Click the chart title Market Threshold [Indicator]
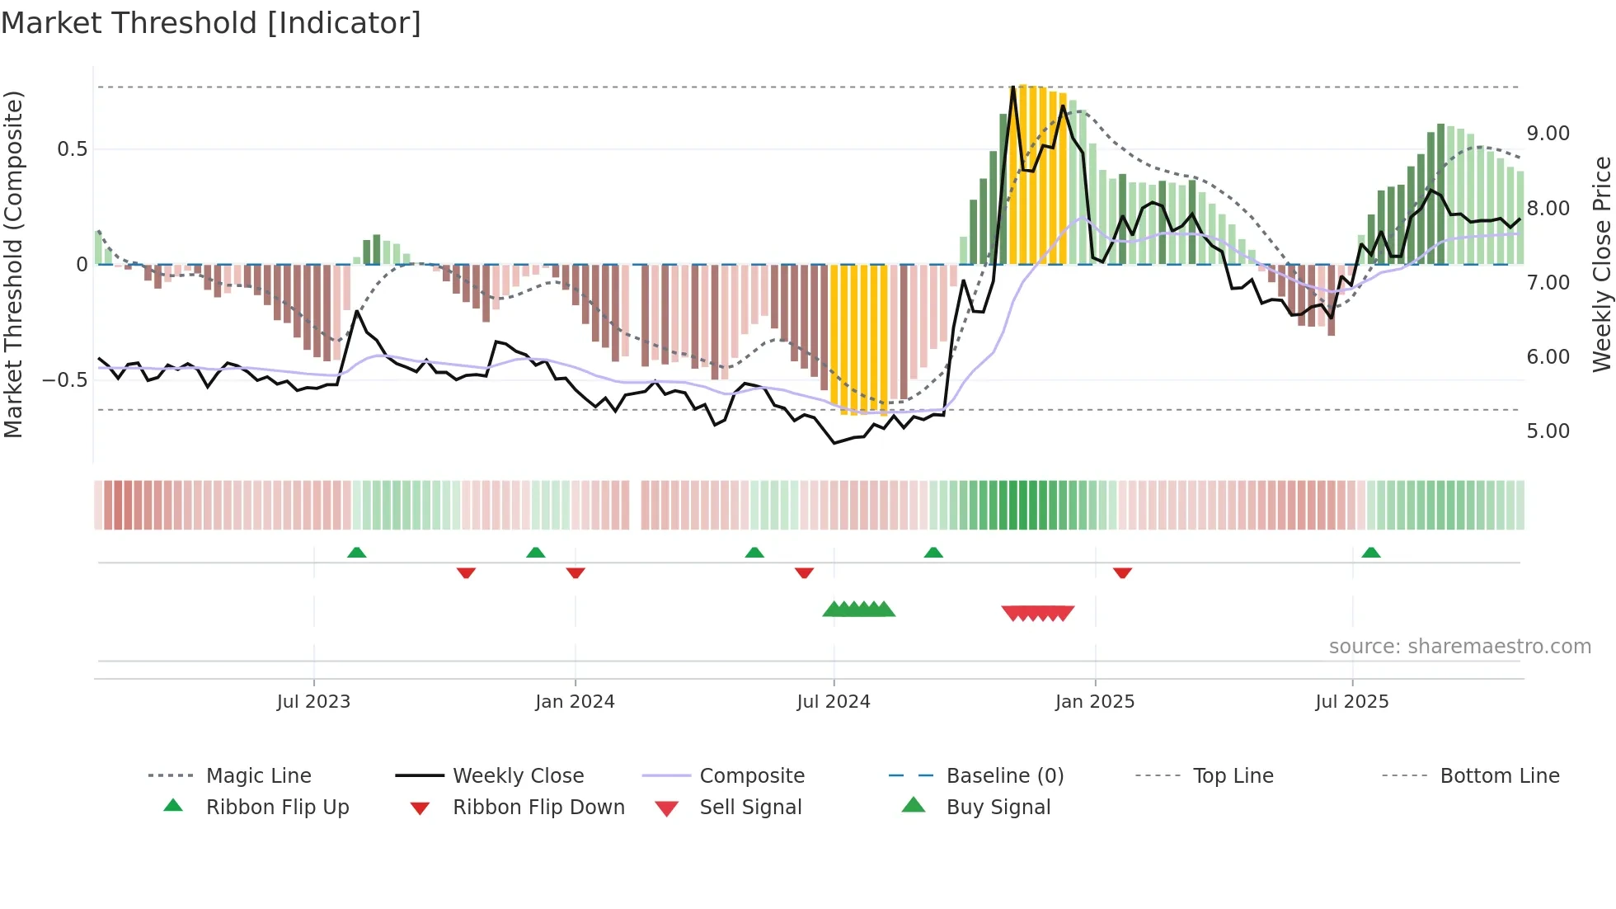coord(211,23)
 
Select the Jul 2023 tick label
coord(313,702)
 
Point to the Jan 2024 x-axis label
coord(575,702)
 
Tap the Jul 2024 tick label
coord(834,702)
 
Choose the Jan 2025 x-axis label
coord(1095,702)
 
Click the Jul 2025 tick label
coord(1352,702)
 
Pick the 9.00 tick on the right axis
coord(1548,134)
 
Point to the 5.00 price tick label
coord(1548,431)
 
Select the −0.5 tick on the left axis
coord(64,380)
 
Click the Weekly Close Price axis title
coord(1601,264)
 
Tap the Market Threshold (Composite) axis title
coord(13,264)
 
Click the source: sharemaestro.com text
coord(1459,647)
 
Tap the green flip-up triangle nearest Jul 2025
coord(1371,553)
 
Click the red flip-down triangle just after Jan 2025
coord(1122,572)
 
